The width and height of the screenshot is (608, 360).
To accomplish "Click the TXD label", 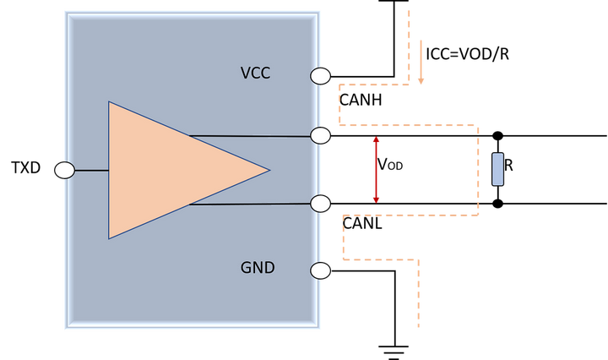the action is tap(26, 167).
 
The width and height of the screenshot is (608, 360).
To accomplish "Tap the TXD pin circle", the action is tap(65, 171).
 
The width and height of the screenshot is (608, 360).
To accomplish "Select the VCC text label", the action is tap(255, 73).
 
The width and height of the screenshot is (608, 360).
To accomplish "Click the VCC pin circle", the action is tap(321, 76).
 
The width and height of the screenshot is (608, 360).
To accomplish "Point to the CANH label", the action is tap(361, 100).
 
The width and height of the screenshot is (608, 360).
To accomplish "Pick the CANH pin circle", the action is tap(321, 136).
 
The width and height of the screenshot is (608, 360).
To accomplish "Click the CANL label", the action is tap(362, 223).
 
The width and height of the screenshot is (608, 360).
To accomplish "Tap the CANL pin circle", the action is tap(321, 204).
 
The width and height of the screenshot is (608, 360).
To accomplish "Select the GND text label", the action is tap(258, 268).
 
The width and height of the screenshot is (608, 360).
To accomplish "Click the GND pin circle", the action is tap(321, 270).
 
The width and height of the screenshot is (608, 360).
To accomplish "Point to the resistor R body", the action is tap(498, 169).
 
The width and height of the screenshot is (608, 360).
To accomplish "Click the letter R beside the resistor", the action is tap(508, 166).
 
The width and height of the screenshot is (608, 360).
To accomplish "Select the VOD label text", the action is tap(390, 165).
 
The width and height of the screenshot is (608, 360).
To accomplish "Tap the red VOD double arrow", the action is tap(376, 170).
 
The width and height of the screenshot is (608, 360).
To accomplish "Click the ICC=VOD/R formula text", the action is tap(467, 54).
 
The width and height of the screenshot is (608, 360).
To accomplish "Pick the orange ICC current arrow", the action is tap(421, 62).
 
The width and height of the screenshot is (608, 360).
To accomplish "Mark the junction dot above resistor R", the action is tap(498, 136).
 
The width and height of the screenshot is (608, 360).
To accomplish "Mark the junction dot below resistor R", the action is tap(498, 204).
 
